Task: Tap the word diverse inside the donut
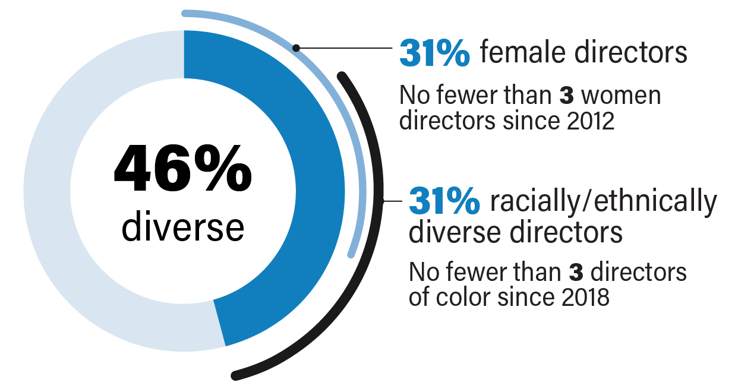click(182, 228)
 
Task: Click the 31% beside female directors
click(434, 53)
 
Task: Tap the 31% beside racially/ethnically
click(444, 201)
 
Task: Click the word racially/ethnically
click(603, 203)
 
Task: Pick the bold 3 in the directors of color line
click(575, 273)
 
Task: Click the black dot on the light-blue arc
click(296, 48)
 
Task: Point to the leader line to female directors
click(345, 48)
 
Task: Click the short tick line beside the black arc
click(393, 201)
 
